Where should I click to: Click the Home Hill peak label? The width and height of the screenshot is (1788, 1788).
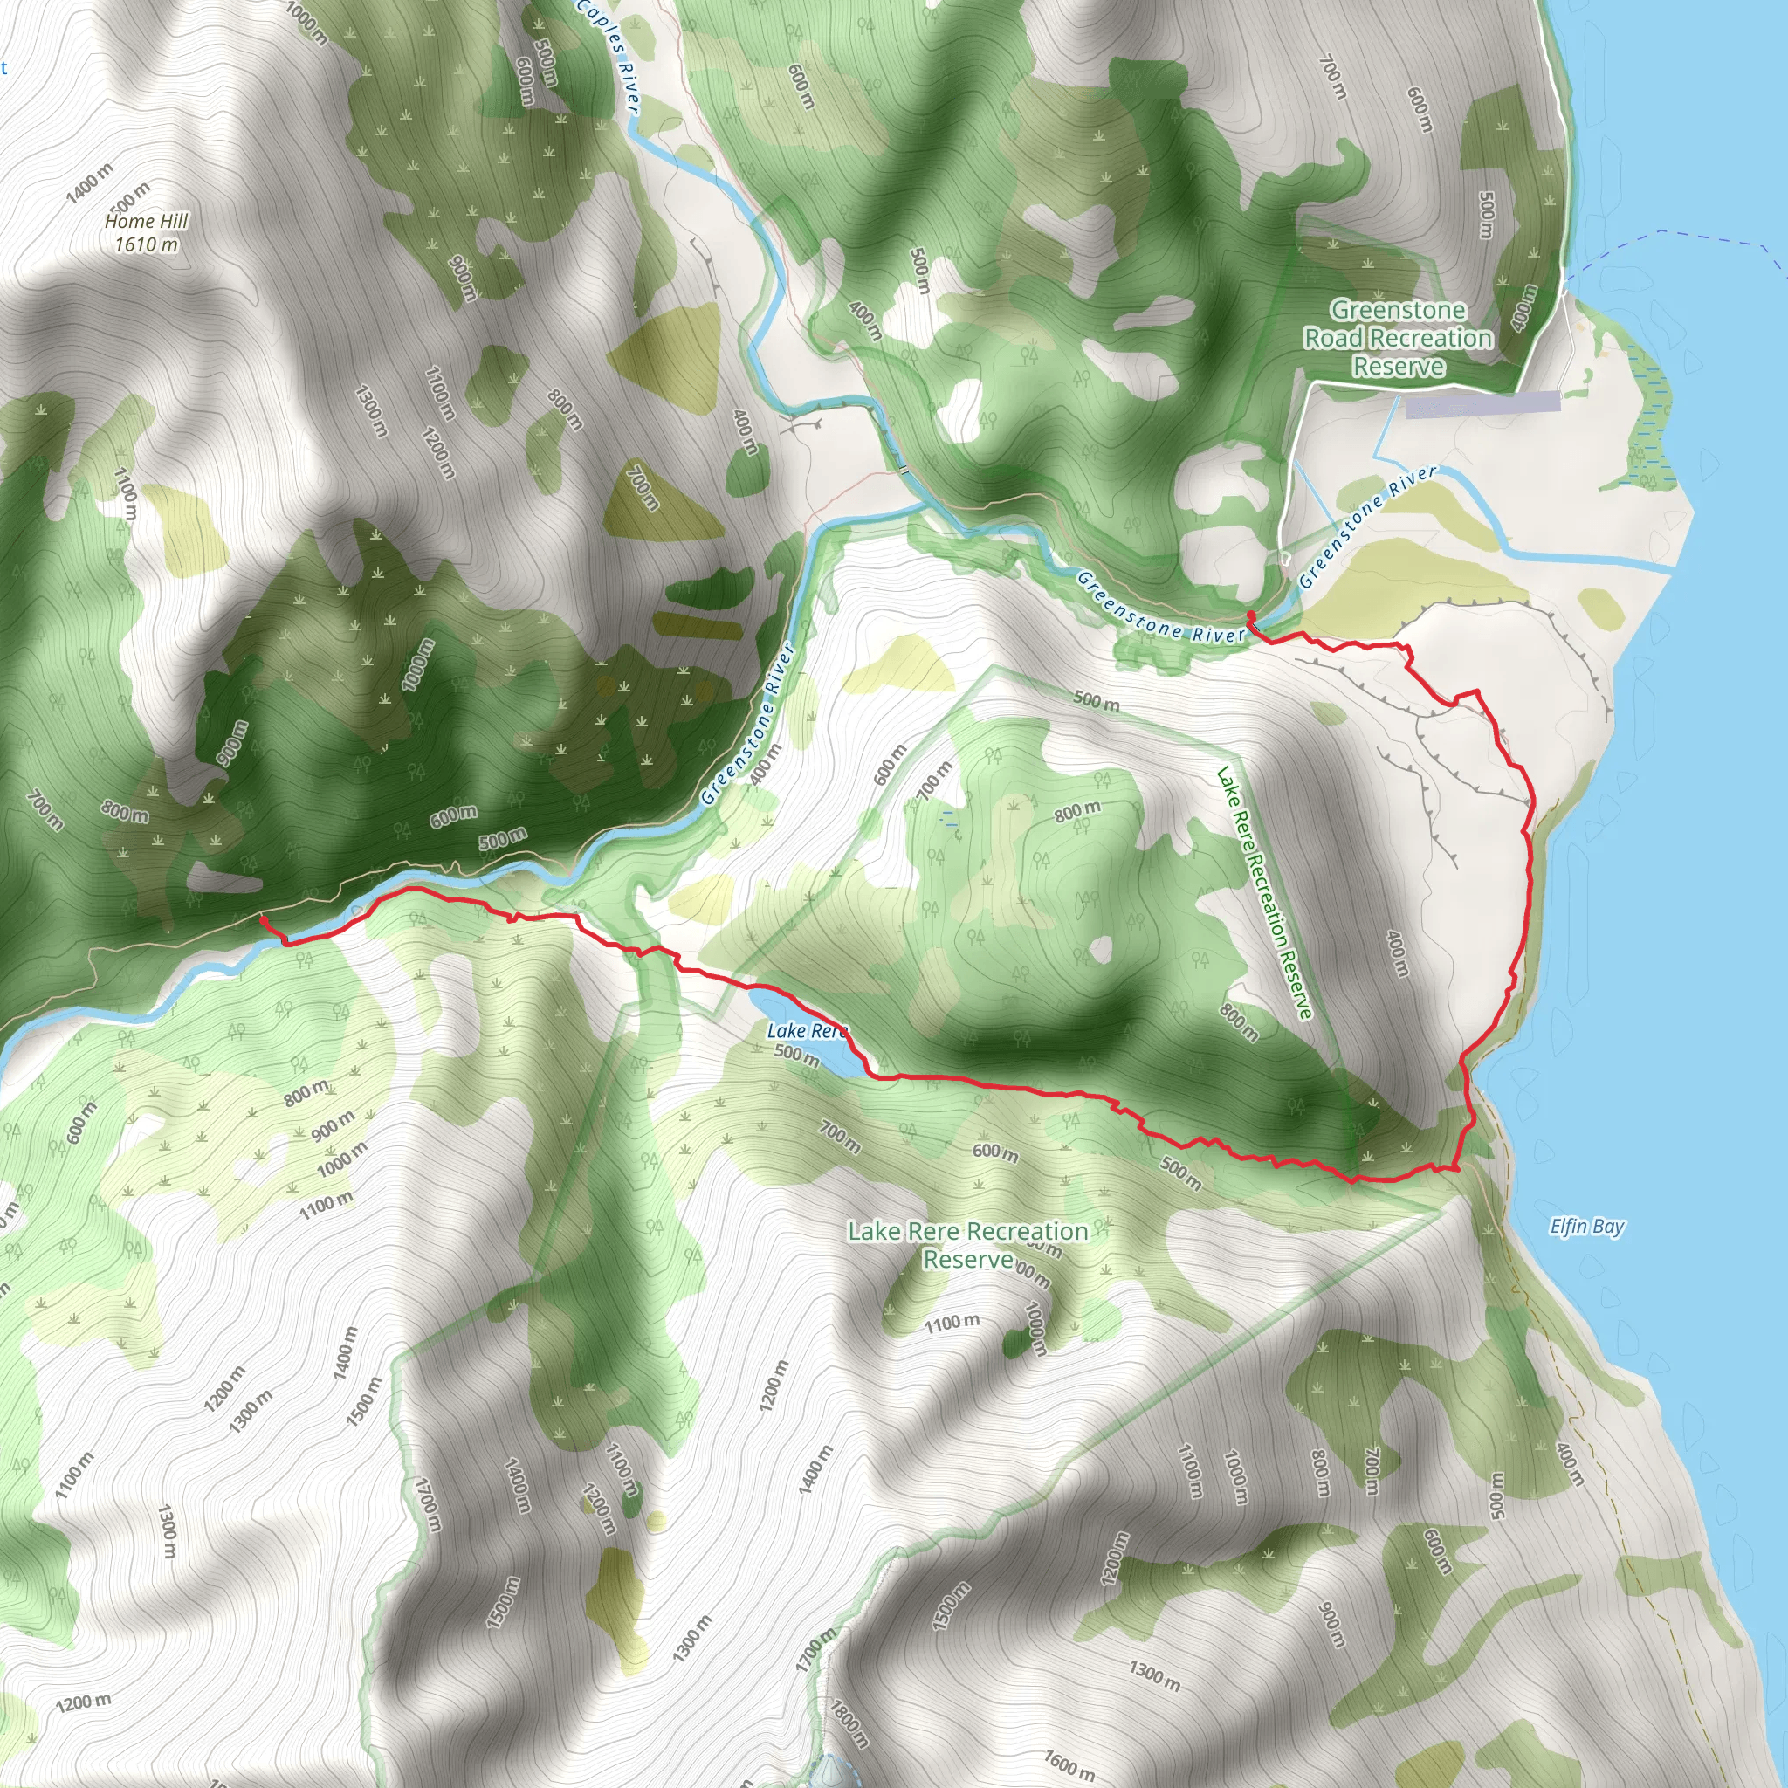pyautogui.click(x=146, y=221)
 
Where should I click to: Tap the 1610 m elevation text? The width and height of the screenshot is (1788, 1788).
pyautogui.click(x=146, y=245)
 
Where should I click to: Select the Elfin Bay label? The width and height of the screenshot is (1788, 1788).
pyautogui.click(x=1587, y=1228)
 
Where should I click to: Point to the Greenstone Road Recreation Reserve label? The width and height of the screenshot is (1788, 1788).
pyautogui.click(x=1398, y=338)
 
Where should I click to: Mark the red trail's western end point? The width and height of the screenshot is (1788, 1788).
pyautogui.click(x=263, y=919)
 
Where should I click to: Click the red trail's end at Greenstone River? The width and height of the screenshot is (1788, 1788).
pyautogui.click(x=1251, y=615)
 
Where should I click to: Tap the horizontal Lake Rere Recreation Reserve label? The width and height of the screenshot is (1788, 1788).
pyautogui.click(x=968, y=1245)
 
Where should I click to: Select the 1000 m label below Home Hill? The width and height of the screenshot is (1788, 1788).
pyautogui.click(x=417, y=664)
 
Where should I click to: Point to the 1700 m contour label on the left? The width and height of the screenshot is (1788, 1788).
pyautogui.click(x=427, y=1507)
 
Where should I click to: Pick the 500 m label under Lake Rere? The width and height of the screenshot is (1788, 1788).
pyautogui.click(x=796, y=1054)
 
